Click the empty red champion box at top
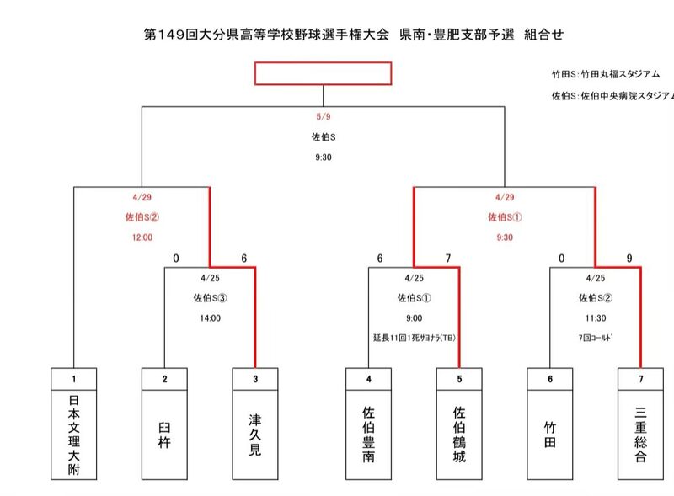coord(324,73)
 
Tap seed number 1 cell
coord(74,379)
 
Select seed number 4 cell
coord(368,379)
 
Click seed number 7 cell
coord(640,379)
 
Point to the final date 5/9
coord(324,116)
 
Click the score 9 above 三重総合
coord(629,259)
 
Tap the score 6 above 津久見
coord(243,259)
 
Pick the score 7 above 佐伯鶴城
coord(448,259)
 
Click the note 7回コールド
coord(595,338)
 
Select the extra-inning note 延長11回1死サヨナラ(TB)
coord(413,338)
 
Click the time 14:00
coord(210,317)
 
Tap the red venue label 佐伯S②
coord(142,216)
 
